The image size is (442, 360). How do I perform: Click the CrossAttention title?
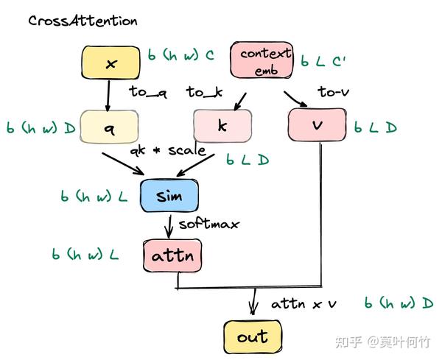tap(83, 21)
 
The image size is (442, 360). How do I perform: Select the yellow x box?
tap(110, 64)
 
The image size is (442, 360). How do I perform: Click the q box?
tap(109, 128)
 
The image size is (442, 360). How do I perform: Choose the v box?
tap(318, 126)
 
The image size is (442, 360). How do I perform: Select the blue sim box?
tap(170, 197)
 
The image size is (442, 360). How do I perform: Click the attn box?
tap(172, 256)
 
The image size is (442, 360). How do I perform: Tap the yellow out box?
tap(252, 337)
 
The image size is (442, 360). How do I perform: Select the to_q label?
tap(148, 91)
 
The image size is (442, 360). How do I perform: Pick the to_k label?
tap(204, 91)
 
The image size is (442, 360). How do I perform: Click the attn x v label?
tap(304, 303)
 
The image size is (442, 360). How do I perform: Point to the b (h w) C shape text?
tap(180, 56)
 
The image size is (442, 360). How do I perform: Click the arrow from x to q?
tap(109, 94)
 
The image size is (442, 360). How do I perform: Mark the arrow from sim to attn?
tap(171, 225)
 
